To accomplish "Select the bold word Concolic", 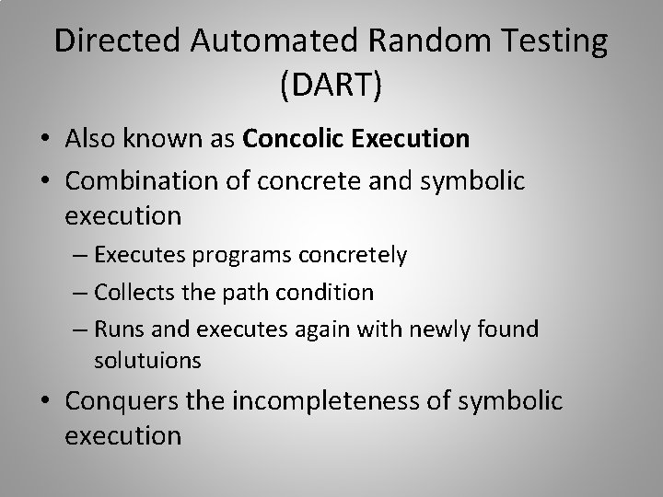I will [x=295, y=139].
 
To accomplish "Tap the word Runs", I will [x=115, y=329].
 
